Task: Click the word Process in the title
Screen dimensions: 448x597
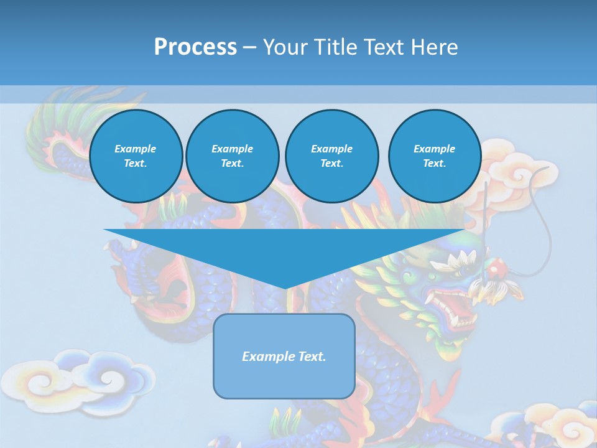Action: [195, 47]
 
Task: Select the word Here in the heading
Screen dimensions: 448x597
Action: [433, 47]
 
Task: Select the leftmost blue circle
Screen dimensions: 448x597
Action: [136, 156]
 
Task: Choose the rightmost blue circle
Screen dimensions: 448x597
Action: [435, 156]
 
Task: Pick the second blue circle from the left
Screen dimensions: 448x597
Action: [233, 156]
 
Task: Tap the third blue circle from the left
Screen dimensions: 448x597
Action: [332, 156]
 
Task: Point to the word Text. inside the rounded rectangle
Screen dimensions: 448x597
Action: [312, 357]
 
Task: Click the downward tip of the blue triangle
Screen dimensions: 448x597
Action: [285, 287]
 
